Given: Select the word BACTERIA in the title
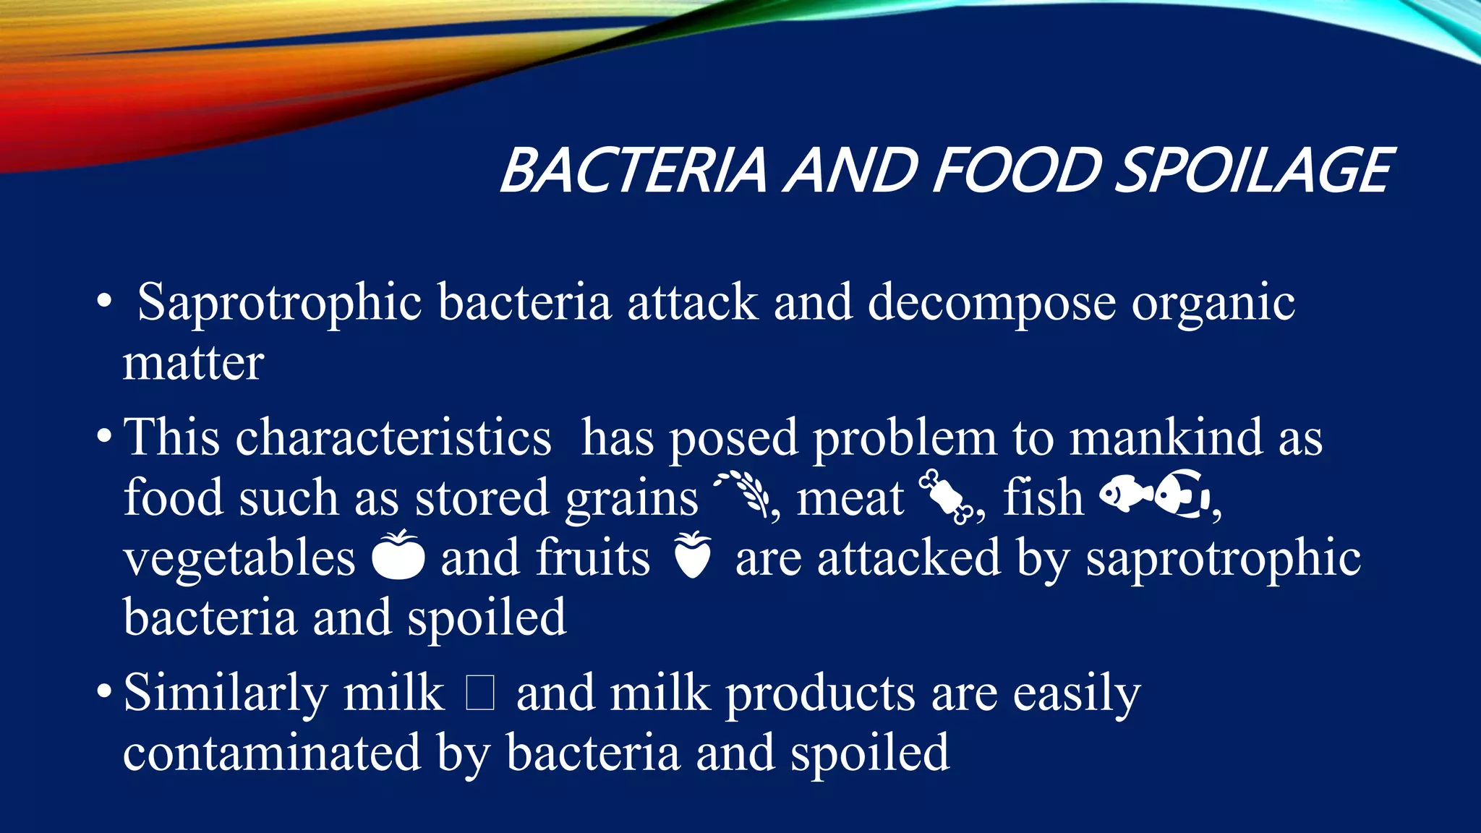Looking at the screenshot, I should [633, 171].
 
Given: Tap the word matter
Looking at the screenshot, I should [193, 363].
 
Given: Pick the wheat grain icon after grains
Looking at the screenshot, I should [743, 494].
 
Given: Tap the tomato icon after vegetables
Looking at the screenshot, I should [398, 555].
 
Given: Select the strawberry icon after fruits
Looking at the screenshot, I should [692, 555].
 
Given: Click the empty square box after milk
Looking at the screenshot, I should [480, 693].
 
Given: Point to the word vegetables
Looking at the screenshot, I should [239, 558].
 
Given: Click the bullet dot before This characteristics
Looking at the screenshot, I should [104, 437].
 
